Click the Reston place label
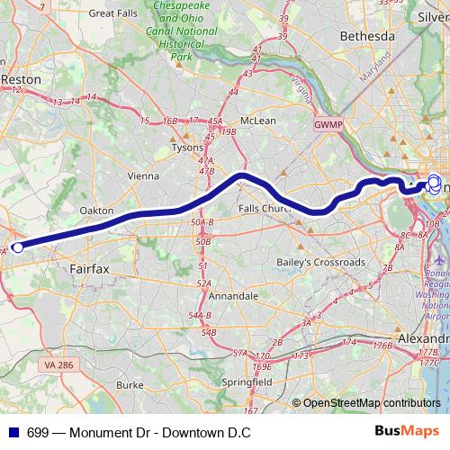coord(22,79)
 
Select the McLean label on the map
coord(258,120)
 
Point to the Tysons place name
coord(187,147)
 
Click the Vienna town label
coord(146,175)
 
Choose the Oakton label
coord(96,210)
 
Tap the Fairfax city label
coord(88,268)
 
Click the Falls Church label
coord(266,209)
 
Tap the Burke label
coord(129,384)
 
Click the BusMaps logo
coord(413,432)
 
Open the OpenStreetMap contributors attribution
coord(372,403)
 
